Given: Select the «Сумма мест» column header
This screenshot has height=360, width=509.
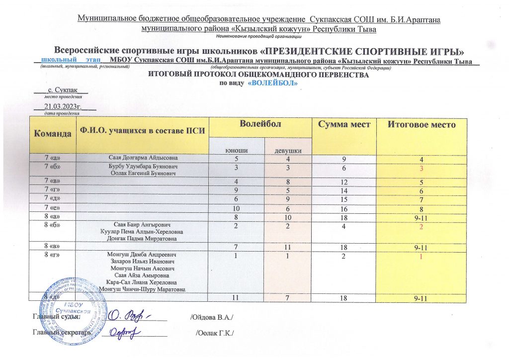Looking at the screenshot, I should [343, 124].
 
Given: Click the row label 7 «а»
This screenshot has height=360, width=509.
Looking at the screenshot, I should [52, 158].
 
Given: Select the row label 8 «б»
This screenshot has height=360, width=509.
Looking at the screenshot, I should [52, 224].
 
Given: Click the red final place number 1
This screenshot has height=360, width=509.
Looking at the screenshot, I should [421, 257].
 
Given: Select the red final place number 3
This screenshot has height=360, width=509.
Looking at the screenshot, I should [421, 169].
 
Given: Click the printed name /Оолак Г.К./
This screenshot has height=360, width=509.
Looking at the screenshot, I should [215, 332].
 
